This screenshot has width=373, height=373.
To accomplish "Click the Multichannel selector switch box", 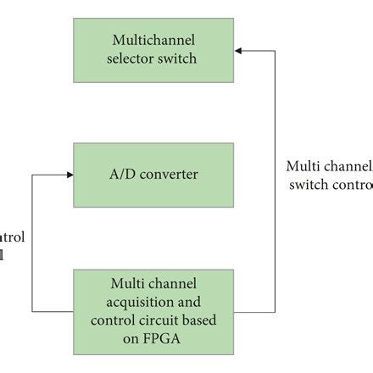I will tap(153, 50).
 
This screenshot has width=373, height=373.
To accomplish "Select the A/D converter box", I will tap(153, 175).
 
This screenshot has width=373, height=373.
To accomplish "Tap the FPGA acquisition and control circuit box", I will tap(153, 312).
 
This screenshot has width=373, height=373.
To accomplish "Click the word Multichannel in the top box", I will tap(153, 41).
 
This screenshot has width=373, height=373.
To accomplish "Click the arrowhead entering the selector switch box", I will tap(238, 51).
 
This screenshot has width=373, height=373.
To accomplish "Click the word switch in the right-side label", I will tap(308, 185).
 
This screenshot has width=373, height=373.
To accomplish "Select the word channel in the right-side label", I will tap(347, 166).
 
